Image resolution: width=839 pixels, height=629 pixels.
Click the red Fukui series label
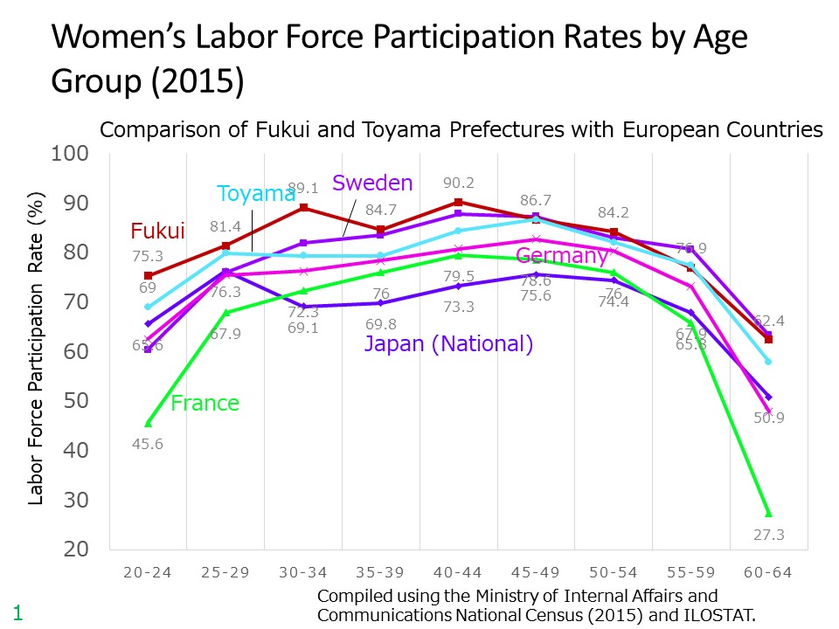pos(157,232)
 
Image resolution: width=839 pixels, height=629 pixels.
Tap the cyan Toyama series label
pos(256,194)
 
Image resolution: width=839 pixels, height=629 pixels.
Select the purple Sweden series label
pos(372,183)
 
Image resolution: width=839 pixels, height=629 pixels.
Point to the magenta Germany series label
pos(562,256)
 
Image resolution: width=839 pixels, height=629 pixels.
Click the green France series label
pos(205,403)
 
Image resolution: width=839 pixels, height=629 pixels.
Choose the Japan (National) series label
pos(448,344)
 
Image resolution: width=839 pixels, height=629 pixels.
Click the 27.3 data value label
pos(768,535)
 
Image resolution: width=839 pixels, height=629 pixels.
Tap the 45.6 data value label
pos(148,444)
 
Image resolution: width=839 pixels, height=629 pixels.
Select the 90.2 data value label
pos(458,183)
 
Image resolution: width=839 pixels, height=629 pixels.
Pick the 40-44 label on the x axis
pos(458,573)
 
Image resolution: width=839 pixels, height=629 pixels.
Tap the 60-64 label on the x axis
pos(768,573)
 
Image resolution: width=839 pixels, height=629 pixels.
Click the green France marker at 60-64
pos(768,513)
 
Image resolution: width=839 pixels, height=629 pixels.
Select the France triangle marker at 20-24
pos(148,423)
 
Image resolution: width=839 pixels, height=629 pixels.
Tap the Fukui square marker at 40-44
pos(458,202)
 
